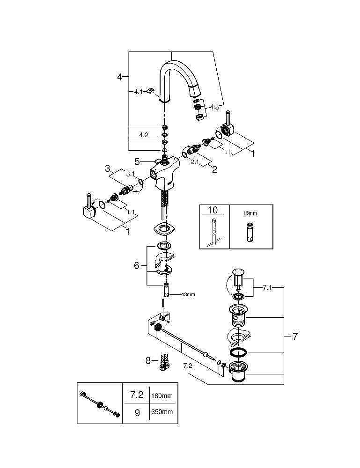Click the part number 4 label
tap(120, 76)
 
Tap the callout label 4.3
tap(214, 107)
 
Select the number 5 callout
tap(137, 161)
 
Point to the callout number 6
tap(137, 265)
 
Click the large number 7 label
tap(294, 336)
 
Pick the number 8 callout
tap(148, 360)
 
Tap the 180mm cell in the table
tap(161, 396)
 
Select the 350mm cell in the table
tap(161, 412)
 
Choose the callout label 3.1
tap(130, 174)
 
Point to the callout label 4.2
tap(143, 135)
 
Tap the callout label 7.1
tap(267, 288)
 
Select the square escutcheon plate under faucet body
tap(163, 229)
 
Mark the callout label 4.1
tap(138, 92)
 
